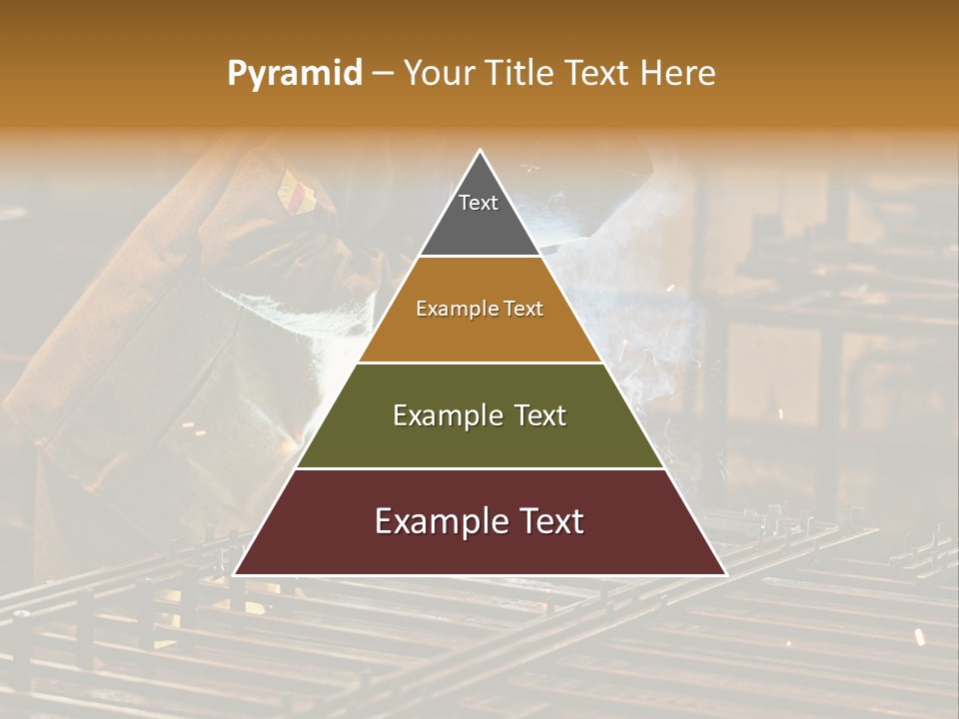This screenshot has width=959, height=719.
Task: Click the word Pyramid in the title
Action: click(294, 74)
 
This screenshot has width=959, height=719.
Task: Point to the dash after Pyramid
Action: click(383, 74)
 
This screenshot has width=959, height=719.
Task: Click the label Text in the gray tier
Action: click(479, 203)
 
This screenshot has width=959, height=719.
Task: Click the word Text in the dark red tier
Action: click(549, 521)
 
